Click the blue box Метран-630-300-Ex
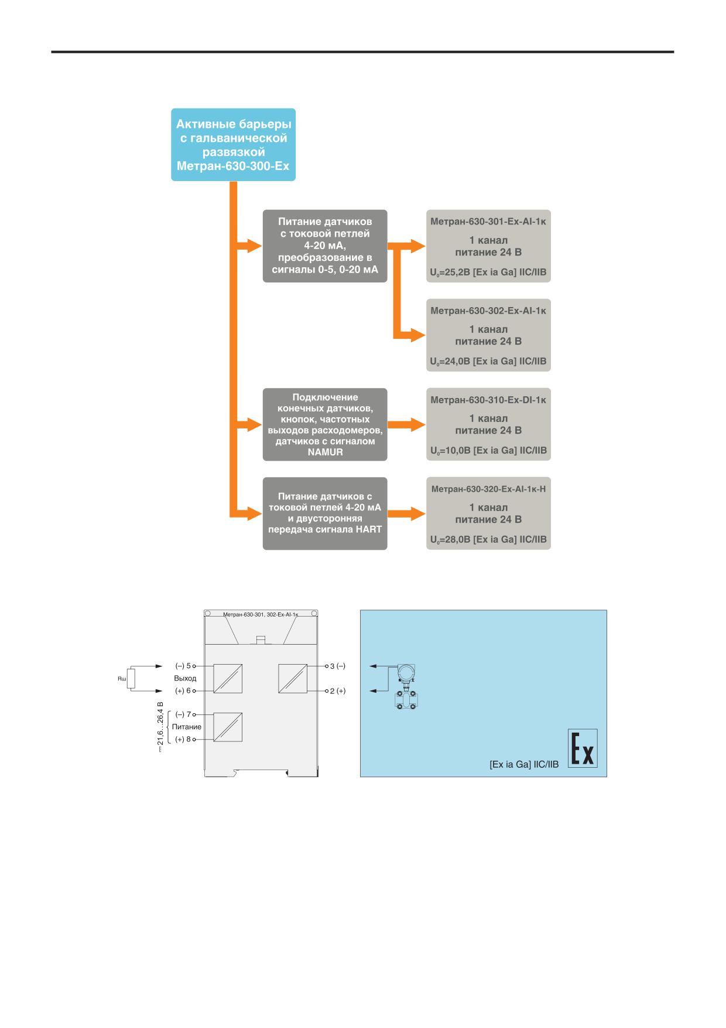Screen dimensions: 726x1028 click(x=233, y=145)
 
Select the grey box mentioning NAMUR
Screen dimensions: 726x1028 click(x=325, y=424)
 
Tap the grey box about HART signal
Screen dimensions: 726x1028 click(x=325, y=513)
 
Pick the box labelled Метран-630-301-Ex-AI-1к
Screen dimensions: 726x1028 click(x=488, y=246)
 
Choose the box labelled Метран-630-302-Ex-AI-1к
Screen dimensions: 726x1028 click(x=488, y=335)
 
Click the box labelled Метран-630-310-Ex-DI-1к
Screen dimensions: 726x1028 click(x=488, y=424)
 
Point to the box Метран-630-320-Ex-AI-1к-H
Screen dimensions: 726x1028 click(x=488, y=513)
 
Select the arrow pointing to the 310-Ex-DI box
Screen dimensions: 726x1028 click(x=406, y=424)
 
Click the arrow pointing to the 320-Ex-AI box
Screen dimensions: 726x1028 click(x=406, y=513)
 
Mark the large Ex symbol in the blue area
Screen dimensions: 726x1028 click(x=583, y=748)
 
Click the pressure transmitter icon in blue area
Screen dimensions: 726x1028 click(x=405, y=687)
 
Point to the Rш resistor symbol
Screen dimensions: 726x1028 click(x=131, y=679)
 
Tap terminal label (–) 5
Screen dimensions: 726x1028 click(x=183, y=666)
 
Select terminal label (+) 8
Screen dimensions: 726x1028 click(x=183, y=739)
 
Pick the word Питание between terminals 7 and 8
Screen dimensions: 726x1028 click(x=187, y=727)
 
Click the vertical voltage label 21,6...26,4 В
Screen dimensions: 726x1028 click(x=160, y=727)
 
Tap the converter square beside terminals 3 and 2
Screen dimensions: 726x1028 click(x=292, y=679)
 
